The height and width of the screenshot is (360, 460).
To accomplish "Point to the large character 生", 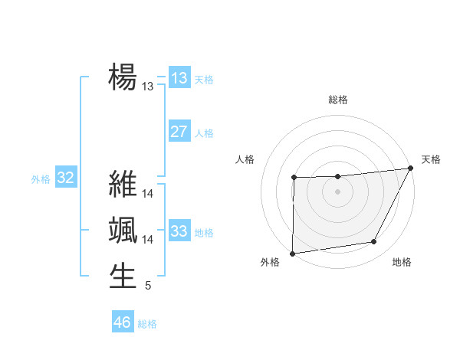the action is pyautogui.click(x=123, y=276).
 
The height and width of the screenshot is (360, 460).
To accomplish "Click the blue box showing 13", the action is pyautogui.click(x=179, y=78).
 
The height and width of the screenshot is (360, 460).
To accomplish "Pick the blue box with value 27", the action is pyautogui.click(x=179, y=132).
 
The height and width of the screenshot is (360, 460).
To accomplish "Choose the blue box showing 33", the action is pyautogui.click(x=179, y=231).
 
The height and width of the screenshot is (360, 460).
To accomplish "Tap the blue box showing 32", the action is pyautogui.click(x=66, y=178).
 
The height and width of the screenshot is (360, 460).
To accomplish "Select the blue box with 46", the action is pyautogui.click(x=123, y=322).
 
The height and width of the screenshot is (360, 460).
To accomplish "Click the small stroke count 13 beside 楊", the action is pyautogui.click(x=148, y=87).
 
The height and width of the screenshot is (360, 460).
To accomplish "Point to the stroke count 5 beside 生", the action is pyautogui.click(x=148, y=286).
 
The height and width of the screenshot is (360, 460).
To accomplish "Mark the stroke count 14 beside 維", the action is pyautogui.click(x=148, y=195).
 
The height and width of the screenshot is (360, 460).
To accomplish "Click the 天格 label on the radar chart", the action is pyautogui.click(x=431, y=159).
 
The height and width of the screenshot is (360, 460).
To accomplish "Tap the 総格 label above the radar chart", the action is pyautogui.click(x=338, y=100).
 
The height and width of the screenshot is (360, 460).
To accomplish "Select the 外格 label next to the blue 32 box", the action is pyautogui.click(x=41, y=179).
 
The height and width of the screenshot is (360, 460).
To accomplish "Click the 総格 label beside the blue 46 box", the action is pyautogui.click(x=147, y=324).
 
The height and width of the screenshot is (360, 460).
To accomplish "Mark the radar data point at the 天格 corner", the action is pyautogui.click(x=411, y=168).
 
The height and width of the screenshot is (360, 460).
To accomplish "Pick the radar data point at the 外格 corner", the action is pyautogui.click(x=292, y=254).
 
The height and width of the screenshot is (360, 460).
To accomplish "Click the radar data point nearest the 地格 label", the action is pyautogui.click(x=374, y=242).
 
